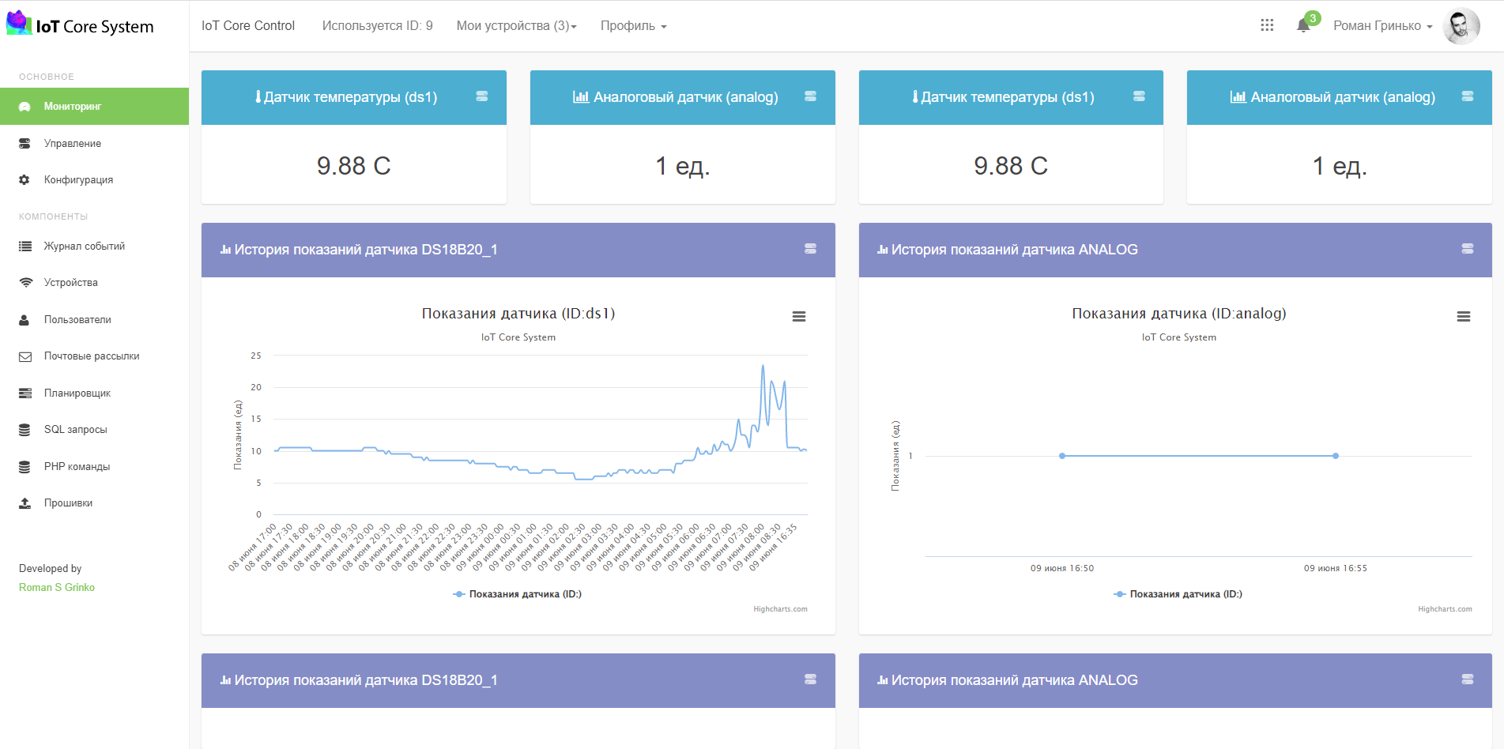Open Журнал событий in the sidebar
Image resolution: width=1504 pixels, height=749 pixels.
click(85, 247)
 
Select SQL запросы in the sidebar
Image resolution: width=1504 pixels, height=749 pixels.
click(75, 430)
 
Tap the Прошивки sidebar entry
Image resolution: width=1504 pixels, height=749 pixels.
click(68, 503)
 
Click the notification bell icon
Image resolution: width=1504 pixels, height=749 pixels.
click(1303, 26)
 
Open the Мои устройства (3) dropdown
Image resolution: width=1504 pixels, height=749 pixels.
click(517, 26)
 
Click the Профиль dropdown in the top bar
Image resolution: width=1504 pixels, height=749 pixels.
click(634, 26)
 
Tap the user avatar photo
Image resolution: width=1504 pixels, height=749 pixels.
click(1461, 26)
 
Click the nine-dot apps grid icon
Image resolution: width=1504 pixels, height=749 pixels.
click(1267, 25)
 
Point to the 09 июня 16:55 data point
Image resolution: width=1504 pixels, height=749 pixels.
click(1336, 456)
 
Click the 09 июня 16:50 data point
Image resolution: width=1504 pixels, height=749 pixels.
click(1062, 456)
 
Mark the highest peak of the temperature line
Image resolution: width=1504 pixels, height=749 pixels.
click(763, 366)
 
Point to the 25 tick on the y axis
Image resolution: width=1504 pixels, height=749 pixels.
click(256, 356)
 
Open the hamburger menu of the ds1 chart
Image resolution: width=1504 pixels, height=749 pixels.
click(799, 317)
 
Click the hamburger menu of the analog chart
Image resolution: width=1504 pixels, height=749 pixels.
click(1464, 317)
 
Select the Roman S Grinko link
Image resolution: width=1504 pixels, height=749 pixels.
click(57, 588)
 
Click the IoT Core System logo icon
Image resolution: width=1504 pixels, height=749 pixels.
click(19, 23)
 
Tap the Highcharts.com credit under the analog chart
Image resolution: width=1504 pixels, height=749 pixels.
click(1445, 609)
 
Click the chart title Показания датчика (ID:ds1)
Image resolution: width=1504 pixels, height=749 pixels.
click(518, 314)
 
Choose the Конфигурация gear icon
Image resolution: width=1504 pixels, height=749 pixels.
click(25, 180)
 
